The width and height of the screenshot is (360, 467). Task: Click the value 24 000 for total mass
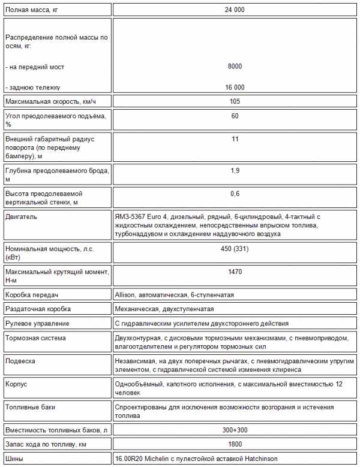[x=235, y=10]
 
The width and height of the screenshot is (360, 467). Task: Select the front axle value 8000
[x=235, y=67]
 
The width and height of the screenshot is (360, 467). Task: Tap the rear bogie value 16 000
[x=235, y=87]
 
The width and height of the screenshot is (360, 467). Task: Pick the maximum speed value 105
[x=235, y=101]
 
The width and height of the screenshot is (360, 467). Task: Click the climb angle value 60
[x=235, y=116]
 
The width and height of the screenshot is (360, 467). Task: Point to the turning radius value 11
[x=235, y=139]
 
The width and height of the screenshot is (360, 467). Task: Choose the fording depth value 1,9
[x=235, y=171]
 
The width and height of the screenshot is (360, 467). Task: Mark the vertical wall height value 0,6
[x=235, y=194]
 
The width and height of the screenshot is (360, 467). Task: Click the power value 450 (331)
[x=235, y=249]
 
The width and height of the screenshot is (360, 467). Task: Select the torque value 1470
[x=235, y=272]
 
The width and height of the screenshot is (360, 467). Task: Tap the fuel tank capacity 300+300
[x=235, y=430]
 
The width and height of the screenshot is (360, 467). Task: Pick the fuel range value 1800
[x=235, y=444]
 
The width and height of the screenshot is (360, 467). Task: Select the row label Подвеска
[x=20, y=361]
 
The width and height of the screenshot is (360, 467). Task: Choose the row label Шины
[x=14, y=459]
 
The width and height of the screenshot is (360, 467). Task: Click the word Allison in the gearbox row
[x=126, y=295]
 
